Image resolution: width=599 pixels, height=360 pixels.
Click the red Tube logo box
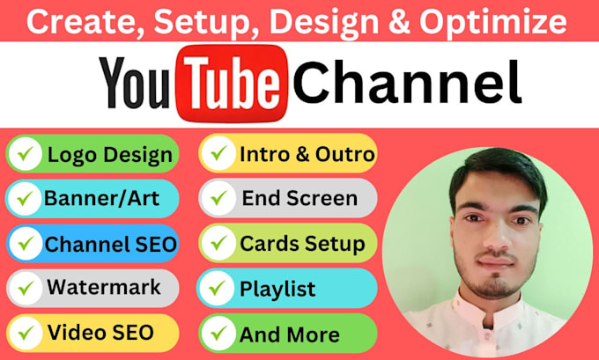point(230,85)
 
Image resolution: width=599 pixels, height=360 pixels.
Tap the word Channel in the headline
point(406,85)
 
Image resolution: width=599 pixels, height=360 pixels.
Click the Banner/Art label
point(102,198)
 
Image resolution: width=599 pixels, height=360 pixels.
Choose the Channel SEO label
point(111,242)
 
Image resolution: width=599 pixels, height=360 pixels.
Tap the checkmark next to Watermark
point(26,287)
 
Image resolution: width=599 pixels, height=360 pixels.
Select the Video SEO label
point(100,332)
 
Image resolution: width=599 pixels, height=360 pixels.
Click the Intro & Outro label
point(307,154)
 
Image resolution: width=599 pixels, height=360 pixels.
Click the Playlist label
point(277,288)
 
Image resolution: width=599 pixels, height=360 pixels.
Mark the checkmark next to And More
point(218,334)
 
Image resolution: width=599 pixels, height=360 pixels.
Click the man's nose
point(486,236)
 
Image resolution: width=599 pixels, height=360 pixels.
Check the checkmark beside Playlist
point(218,288)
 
